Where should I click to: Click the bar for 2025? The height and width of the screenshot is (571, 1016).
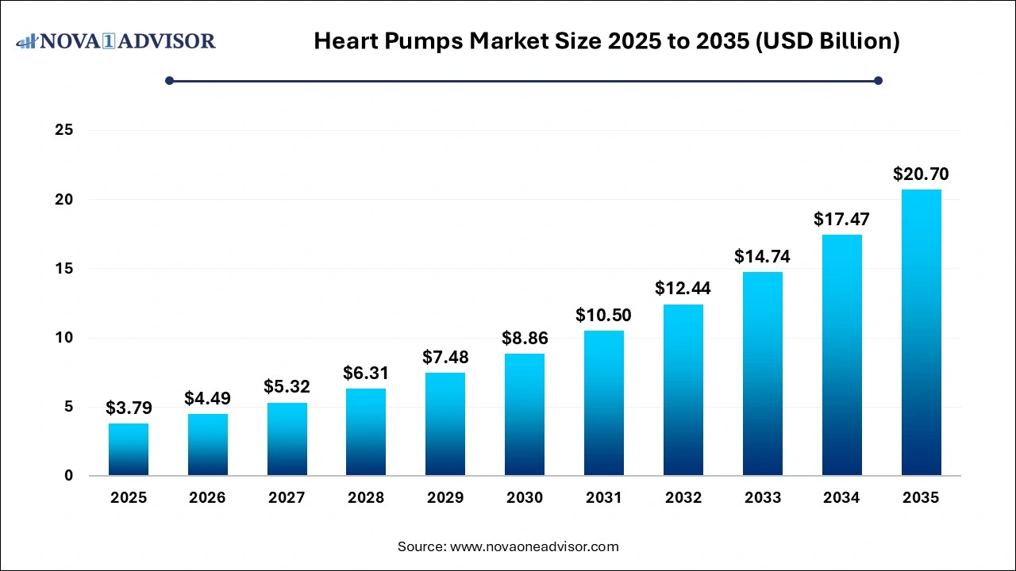coord(128,449)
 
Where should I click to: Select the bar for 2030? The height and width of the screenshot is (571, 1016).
coord(525,414)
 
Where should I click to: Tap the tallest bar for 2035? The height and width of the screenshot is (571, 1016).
coord(921,332)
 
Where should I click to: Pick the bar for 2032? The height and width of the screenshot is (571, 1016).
coord(683,389)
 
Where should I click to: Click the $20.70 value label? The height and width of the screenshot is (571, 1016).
coord(921,174)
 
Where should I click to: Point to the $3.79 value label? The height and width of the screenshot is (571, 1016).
coord(128,408)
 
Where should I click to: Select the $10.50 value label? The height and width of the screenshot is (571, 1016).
coord(604,316)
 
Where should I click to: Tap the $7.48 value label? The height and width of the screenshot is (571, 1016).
coord(445,358)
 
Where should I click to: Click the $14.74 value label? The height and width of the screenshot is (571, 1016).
coord(762,257)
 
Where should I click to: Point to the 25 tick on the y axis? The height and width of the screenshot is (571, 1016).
coord(63,130)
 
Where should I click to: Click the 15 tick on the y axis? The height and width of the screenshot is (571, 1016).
coord(63,269)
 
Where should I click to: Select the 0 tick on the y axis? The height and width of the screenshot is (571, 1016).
coord(68,476)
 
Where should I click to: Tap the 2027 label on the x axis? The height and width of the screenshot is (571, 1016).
coord(287,498)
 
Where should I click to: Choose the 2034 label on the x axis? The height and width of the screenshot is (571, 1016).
coord(841,498)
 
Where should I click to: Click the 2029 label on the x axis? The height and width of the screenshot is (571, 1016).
coord(445,498)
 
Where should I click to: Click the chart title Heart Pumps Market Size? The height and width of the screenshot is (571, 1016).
coord(606,41)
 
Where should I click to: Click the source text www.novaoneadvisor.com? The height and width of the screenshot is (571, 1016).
coord(508,546)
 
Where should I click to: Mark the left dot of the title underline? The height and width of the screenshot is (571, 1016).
coord(169,80)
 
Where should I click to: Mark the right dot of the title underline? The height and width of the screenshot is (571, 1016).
coord(878,80)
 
